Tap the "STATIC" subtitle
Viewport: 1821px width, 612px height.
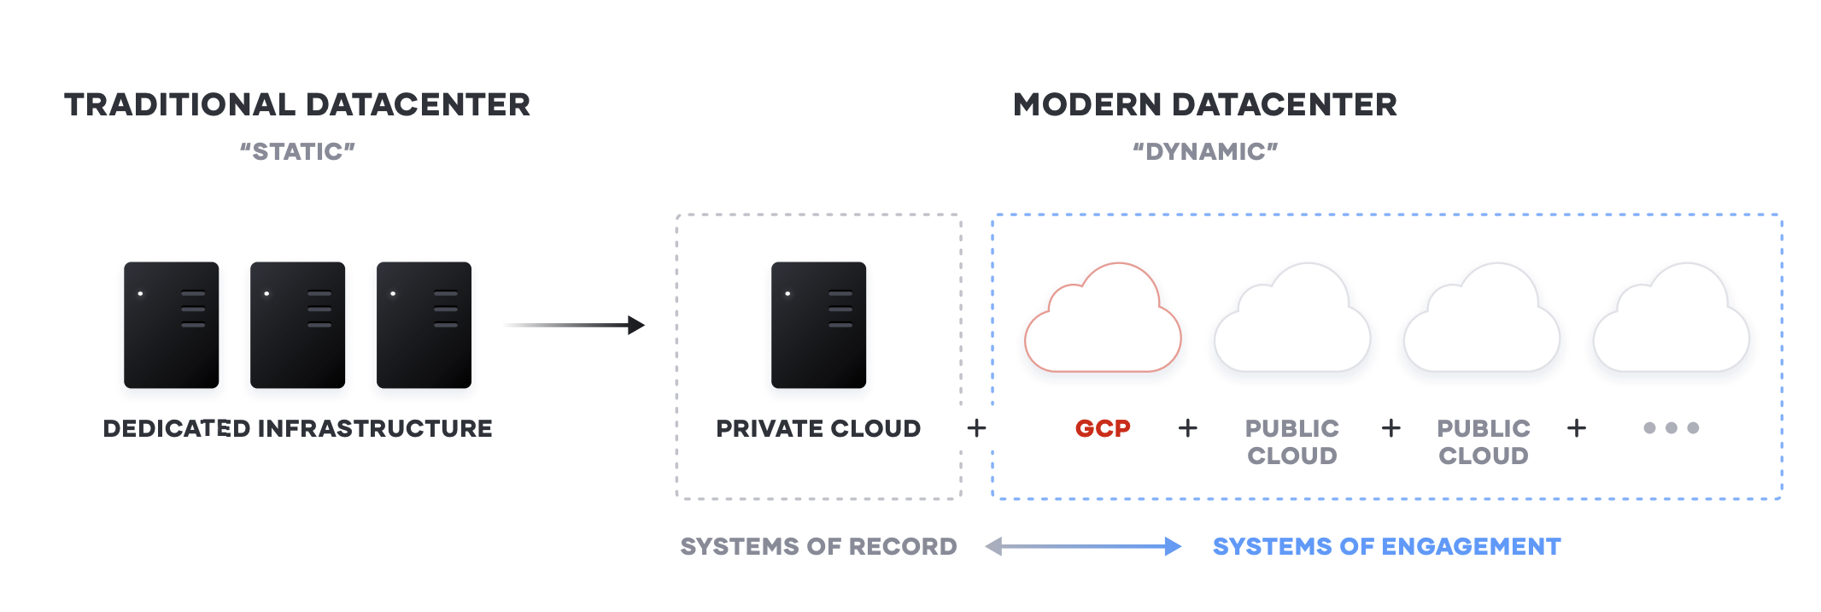pyautogui.click(x=297, y=151)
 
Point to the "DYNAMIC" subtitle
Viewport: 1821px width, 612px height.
pyautogui.click(x=1205, y=151)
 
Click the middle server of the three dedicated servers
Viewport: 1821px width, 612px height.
pyautogui.click(x=297, y=325)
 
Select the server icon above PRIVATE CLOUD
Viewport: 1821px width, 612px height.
pyautogui.click(x=818, y=325)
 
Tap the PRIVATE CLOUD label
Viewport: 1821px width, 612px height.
pyautogui.click(x=818, y=428)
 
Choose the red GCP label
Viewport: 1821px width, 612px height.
pyautogui.click(x=1103, y=428)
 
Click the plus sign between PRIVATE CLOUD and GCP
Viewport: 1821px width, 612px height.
pyautogui.click(x=976, y=428)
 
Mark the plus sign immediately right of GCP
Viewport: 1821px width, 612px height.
pyautogui.click(x=1187, y=428)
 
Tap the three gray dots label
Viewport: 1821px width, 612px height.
pyautogui.click(x=1672, y=428)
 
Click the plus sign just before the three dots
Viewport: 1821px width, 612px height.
pyautogui.click(x=1577, y=428)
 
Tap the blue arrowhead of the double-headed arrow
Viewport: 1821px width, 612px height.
pyautogui.click(x=1174, y=546)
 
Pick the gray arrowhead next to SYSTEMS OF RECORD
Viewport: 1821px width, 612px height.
pyautogui.click(x=993, y=546)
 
